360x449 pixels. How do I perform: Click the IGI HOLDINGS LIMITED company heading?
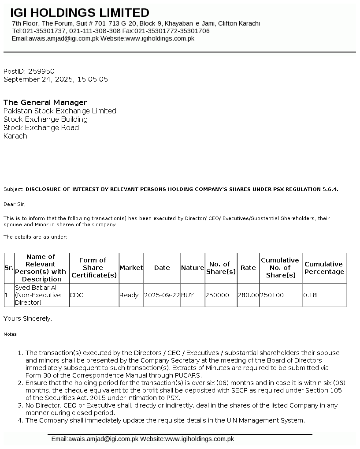coord(80,13)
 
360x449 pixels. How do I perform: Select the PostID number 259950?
coord(41,71)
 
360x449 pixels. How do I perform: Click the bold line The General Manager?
coord(45,102)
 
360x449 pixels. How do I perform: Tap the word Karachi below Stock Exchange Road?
coord(16,136)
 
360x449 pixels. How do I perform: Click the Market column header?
coord(131,268)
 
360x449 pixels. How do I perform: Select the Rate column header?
coord(248,268)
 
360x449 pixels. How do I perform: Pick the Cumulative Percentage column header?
coord(324,268)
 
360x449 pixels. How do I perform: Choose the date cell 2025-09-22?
coord(162,295)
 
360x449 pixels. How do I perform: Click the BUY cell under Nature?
coord(187,295)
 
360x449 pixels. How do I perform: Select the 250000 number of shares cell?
coord(218,295)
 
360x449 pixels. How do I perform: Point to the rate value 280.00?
coord(248,295)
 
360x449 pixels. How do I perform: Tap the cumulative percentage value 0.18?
coord(310,295)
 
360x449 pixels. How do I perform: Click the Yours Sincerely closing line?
coord(28,318)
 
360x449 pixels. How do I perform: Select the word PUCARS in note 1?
coord(189,375)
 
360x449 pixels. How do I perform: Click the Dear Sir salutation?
coord(15,204)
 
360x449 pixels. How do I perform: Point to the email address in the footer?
coord(103,439)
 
